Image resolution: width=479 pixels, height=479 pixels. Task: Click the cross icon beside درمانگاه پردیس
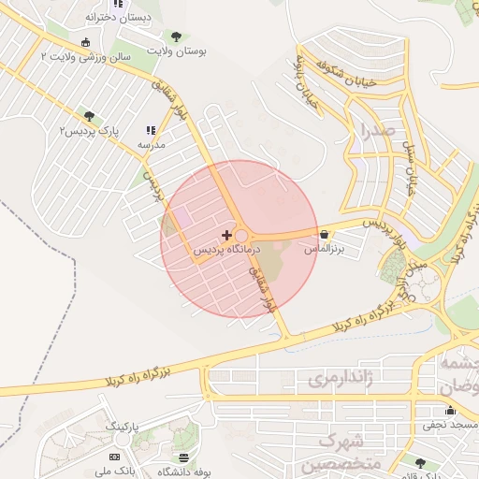pos(226,233)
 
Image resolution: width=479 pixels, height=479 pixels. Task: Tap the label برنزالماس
pos(325,250)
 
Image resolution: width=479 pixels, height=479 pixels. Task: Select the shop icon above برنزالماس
pos(324,234)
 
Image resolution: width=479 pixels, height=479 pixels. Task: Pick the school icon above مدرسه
pos(151,131)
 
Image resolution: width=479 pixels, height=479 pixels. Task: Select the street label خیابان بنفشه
pos(308,90)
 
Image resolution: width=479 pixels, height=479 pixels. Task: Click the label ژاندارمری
pos(341,378)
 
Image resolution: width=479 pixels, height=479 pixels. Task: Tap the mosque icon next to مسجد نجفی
pos(450,410)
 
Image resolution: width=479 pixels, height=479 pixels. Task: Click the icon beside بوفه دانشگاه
pos(183,457)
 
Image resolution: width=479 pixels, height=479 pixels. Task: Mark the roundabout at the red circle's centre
pos(241,238)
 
